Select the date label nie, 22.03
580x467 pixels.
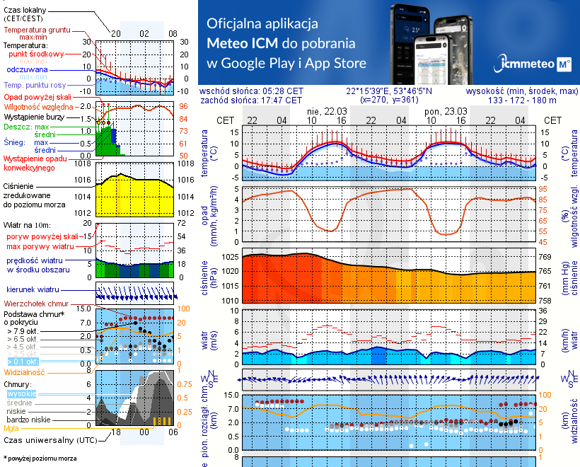pyautogui.click(x=325, y=111)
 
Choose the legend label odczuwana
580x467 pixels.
pyautogui.click(x=27, y=70)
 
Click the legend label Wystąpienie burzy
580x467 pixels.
pyautogui.click(x=32, y=115)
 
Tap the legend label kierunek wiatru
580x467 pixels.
pyautogui.click(x=32, y=289)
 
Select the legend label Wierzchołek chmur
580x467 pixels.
pyautogui.click(x=33, y=303)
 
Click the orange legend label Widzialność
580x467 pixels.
pyautogui.click(x=25, y=371)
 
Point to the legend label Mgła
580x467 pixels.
pyautogui.click(x=11, y=427)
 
